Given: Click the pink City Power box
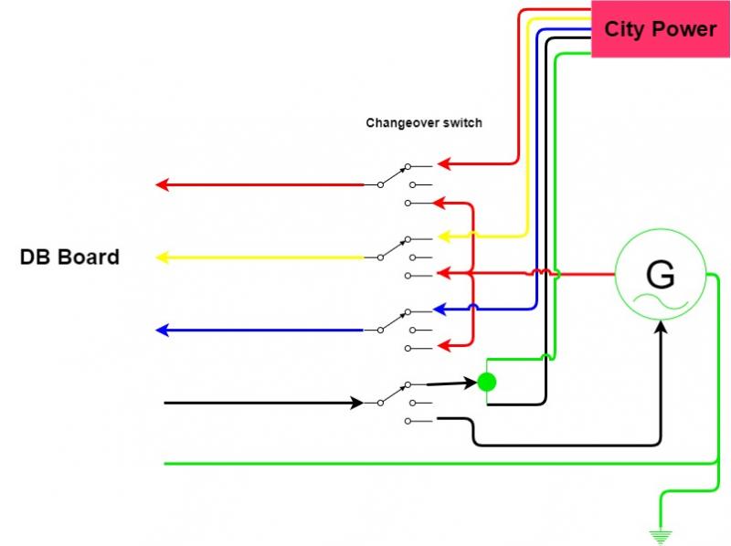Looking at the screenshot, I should tap(660, 29).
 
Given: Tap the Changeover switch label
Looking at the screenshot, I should tap(424, 122).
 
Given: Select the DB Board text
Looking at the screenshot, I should tap(69, 257).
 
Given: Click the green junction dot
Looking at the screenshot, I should tap(487, 382).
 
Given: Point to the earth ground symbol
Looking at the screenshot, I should tap(659, 536).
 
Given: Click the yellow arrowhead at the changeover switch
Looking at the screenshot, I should tap(444, 236).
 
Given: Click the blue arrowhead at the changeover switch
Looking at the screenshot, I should tap(439, 310).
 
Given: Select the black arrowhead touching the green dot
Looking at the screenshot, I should tap(471, 383).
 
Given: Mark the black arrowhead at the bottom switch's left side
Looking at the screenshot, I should tap(356, 402).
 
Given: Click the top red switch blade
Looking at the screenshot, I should tap(394, 175).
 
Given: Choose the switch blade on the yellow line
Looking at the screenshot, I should tap(394, 247).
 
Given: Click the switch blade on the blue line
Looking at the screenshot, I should tap(394, 320).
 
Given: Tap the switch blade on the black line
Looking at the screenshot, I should tap(394, 393).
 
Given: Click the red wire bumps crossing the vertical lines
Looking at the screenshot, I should tap(541, 273).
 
